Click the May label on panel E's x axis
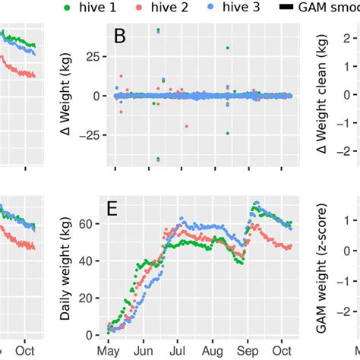click(109, 352)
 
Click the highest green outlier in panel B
click(158, 31)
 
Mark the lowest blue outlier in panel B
click(158, 159)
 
